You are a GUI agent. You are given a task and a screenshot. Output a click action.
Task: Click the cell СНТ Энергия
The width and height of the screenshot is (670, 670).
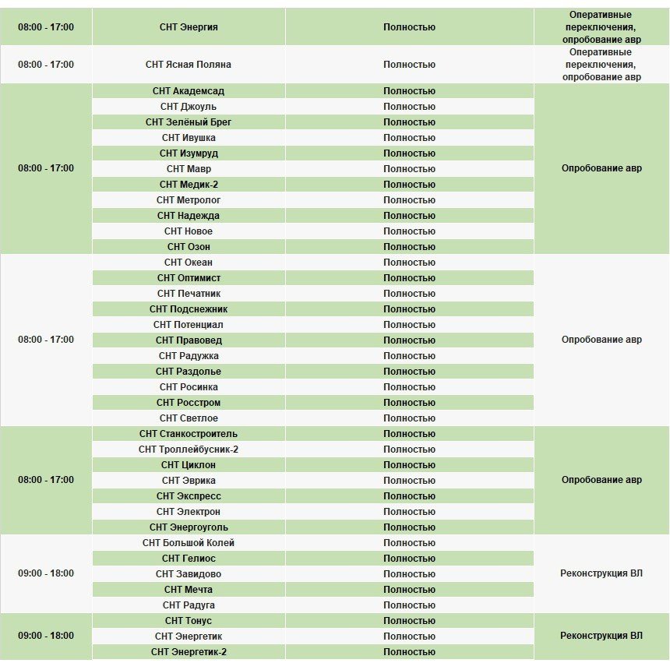coord(189,27)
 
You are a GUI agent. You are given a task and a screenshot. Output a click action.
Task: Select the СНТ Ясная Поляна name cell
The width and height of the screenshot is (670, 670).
coord(189,65)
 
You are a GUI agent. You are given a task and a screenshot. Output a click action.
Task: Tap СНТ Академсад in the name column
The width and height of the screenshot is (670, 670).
coord(189,91)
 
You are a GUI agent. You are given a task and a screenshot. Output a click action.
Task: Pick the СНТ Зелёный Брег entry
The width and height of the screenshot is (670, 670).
coord(189,122)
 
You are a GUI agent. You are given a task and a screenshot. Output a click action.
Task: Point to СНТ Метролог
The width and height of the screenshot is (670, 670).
coord(189,200)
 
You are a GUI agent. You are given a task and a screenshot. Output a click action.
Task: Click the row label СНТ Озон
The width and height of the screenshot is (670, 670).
coord(189,247)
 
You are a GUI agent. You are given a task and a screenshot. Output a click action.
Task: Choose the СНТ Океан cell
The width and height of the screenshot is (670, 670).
coord(189,263)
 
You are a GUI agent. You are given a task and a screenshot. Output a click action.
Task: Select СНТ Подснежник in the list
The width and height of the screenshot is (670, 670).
coord(189,309)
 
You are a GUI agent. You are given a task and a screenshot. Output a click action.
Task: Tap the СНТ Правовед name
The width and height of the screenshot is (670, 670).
coord(189,340)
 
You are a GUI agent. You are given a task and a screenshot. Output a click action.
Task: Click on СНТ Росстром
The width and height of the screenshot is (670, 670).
coord(189,403)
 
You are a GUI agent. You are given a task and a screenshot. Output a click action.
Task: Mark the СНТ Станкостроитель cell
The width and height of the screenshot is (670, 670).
coord(189,434)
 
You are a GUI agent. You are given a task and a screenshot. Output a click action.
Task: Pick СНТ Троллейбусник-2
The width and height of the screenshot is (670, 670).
coord(189,450)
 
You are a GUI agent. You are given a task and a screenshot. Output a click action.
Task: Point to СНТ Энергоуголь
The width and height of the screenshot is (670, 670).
coord(189,527)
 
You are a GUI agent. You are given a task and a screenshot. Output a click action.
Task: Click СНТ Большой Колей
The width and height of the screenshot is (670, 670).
coord(189,543)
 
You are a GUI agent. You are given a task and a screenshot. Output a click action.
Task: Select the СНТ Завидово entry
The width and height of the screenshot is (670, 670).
coord(189,574)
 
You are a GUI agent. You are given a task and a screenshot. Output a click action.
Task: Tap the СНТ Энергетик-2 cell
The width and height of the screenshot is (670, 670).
coord(189,652)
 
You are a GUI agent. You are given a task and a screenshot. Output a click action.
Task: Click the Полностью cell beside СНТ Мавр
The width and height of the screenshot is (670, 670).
coord(409,169)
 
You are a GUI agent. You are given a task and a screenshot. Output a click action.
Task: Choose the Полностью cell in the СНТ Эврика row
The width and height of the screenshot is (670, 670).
coord(409,481)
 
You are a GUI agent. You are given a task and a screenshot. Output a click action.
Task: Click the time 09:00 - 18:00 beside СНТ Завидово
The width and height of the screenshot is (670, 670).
coord(46,573)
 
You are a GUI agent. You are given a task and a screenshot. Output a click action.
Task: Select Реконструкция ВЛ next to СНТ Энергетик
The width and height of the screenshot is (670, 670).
coord(601,636)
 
